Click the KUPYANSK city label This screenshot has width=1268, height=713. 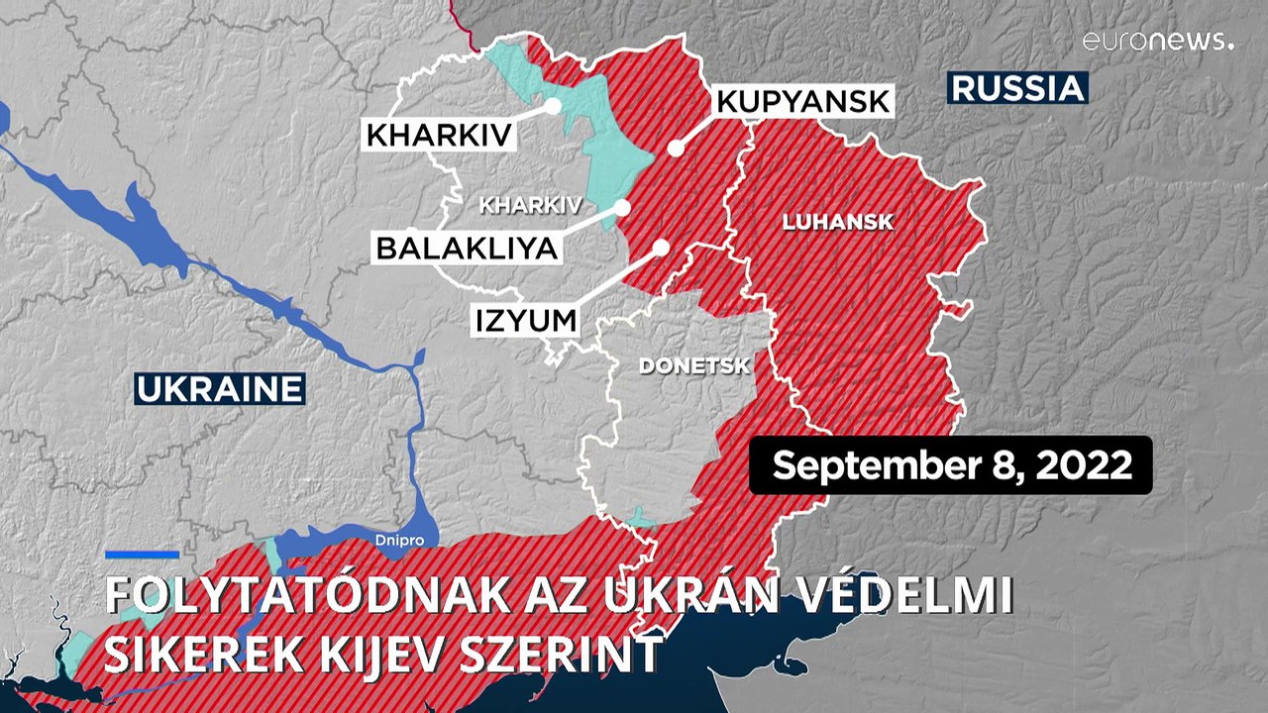pos(803,101)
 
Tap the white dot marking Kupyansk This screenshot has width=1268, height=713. pos(676,149)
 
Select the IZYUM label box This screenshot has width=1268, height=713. pos(526,320)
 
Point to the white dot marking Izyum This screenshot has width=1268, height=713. pos(662,247)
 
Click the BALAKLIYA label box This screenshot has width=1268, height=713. pos(467,248)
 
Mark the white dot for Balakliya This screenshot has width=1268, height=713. pos(622,208)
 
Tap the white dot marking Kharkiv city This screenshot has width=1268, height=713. pos(553,105)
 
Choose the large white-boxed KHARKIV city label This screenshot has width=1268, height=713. pos(440,135)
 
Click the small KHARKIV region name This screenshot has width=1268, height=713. pos(530,206)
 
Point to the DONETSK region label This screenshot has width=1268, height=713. pos(694,366)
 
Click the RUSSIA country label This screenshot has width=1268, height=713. pos(1017,88)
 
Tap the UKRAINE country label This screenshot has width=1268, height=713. pos(219,389)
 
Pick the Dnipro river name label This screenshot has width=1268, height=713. pos(400,541)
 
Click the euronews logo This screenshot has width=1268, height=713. pos(1157,41)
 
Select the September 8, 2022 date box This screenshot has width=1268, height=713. pos(951,464)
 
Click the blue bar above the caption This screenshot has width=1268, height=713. pos(142,555)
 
